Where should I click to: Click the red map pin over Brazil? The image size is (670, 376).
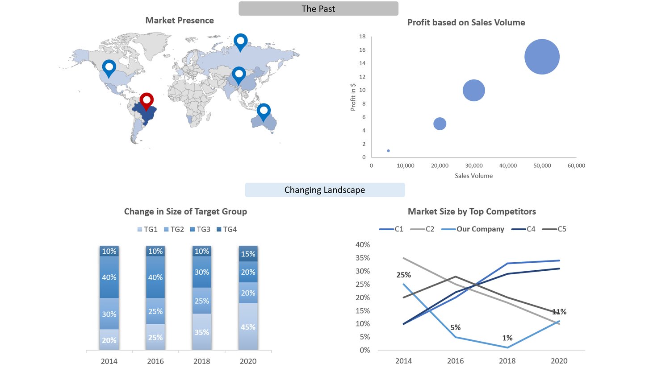(147, 100)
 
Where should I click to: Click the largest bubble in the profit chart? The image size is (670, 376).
(542, 57)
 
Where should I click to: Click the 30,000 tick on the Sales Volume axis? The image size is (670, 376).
(473, 165)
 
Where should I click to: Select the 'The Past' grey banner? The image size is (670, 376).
(318, 8)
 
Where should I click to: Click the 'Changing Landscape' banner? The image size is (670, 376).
(325, 190)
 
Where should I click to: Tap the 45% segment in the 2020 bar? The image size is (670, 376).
(248, 327)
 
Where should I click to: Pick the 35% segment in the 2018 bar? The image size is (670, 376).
(201, 332)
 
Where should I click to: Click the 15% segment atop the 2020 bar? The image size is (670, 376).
(248, 254)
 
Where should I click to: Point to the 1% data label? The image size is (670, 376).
(507, 338)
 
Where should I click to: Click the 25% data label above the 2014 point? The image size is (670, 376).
(403, 275)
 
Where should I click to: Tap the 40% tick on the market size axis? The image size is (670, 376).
(362, 244)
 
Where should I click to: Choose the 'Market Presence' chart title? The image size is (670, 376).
(180, 21)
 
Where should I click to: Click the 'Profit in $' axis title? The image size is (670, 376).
(353, 97)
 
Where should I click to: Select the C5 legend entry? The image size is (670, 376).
(555, 229)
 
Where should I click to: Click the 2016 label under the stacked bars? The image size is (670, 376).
(155, 361)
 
